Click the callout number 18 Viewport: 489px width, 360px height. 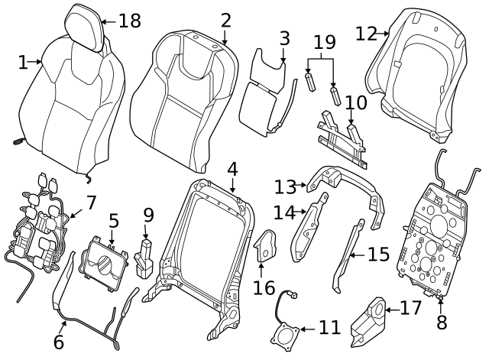130,21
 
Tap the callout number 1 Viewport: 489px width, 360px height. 23,62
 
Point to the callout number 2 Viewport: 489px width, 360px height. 225,20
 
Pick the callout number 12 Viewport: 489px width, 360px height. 367,33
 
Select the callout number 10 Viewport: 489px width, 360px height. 355,102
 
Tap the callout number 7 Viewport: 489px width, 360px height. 91,203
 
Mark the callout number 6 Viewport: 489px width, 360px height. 58,342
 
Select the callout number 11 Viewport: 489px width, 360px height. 329,328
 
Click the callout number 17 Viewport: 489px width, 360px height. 410,310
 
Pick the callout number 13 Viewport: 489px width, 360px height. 285,186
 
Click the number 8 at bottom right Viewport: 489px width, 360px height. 441,323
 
